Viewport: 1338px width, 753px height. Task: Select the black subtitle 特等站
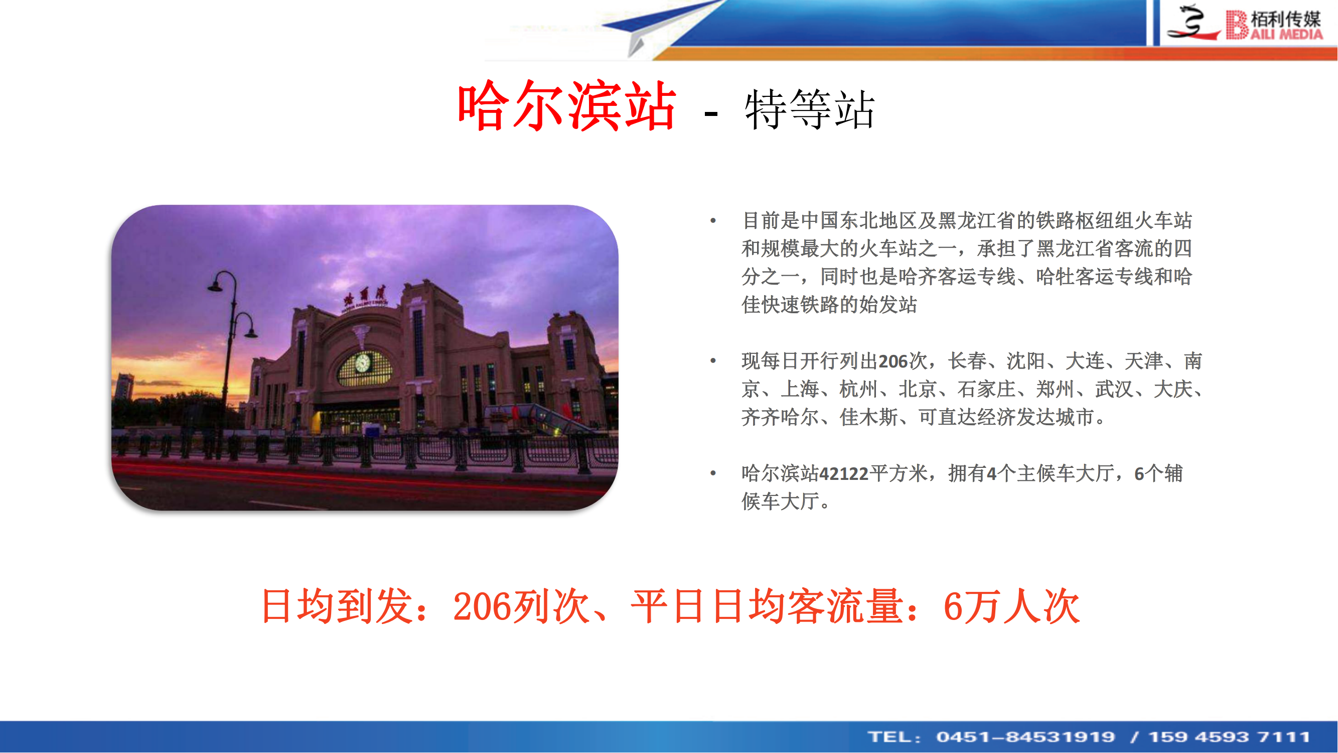pos(810,109)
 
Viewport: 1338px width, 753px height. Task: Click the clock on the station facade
pos(363,362)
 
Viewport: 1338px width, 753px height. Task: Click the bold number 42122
pos(843,474)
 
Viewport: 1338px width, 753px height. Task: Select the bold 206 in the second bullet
pos(893,361)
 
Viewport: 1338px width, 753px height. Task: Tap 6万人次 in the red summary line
pos(1012,606)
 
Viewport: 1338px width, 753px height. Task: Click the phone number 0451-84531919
pos(1026,737)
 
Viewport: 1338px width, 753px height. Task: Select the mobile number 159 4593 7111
pos(1230,737)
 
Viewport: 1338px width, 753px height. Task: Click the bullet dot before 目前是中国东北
pos(713,221)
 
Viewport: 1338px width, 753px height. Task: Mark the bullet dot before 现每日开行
pos(713,360)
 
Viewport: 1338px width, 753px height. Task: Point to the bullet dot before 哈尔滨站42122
pos(713,473)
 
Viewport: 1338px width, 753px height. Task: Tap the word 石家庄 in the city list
pos(986,389)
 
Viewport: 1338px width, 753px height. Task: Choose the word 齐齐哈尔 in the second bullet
pos(780,417)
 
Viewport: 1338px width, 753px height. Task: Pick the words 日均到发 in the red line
pos(338,606)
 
